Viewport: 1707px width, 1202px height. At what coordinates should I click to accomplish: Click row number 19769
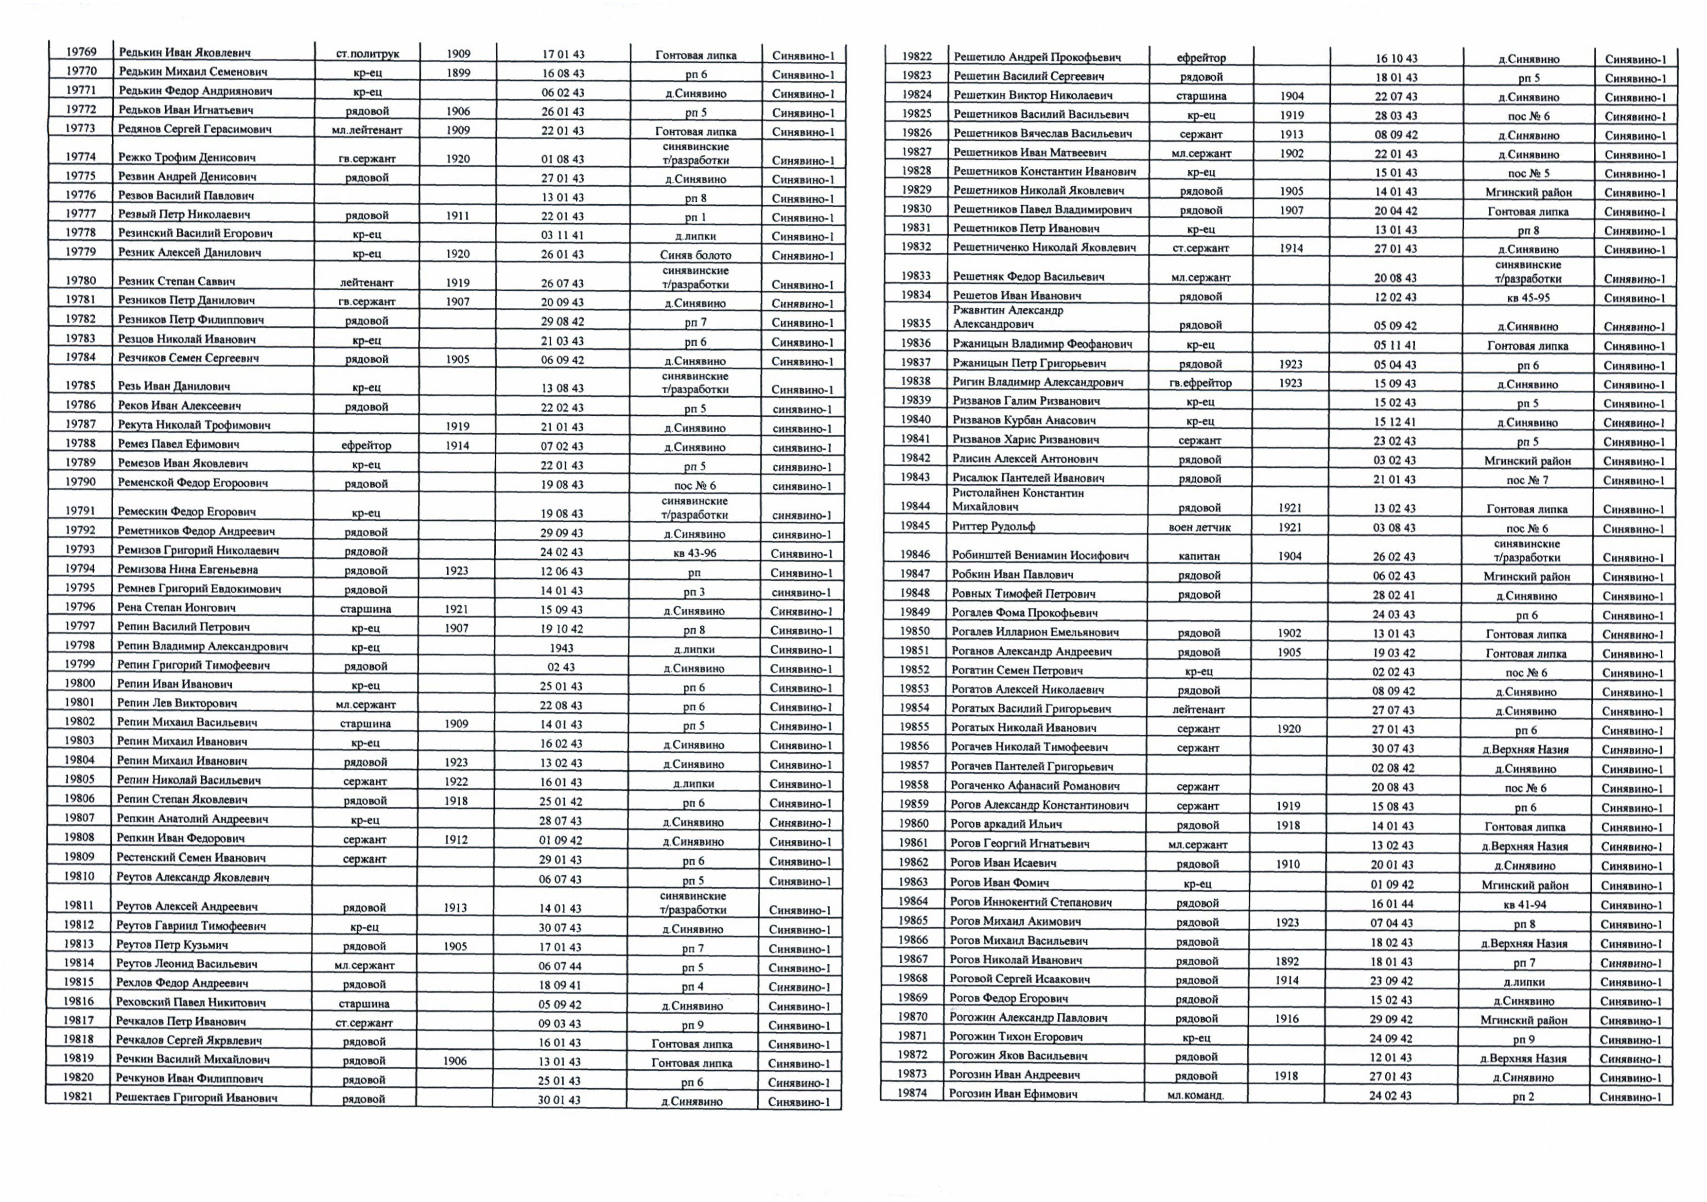81,52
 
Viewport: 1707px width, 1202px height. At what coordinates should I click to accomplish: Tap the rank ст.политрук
367,53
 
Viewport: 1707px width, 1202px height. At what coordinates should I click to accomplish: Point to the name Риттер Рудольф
993,527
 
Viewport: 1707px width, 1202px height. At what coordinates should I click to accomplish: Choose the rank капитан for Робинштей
1199,556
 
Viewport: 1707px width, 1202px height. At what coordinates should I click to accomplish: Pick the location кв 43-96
695,553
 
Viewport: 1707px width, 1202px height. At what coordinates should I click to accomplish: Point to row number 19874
911,1093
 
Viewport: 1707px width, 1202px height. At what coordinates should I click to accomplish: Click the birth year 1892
1287,961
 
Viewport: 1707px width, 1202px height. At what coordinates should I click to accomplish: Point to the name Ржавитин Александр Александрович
1008,317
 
